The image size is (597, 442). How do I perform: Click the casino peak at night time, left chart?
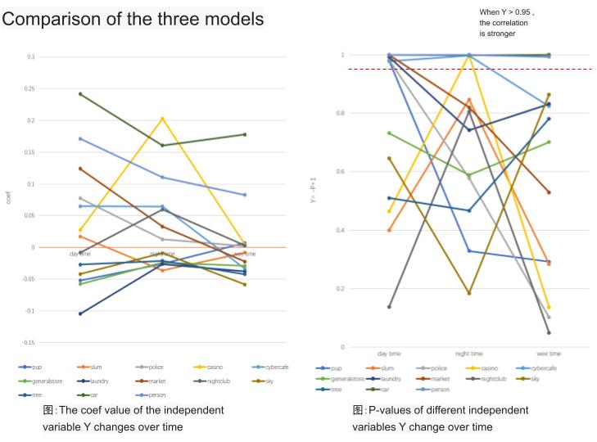(x=162, y=119)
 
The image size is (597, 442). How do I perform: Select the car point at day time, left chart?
(x=79, y=94)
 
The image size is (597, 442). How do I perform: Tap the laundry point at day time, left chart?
(x=79, y=313)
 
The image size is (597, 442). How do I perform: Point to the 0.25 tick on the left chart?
(x=30, y=88)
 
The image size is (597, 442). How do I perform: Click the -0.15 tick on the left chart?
(x=29, y=342)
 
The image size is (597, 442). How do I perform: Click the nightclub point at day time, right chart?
(x=389, y=307)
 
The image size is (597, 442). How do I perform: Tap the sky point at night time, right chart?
(x=468, y=293)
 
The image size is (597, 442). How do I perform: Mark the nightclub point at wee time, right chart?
(x=548, y=332)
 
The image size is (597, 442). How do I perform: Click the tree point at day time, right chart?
(x=389, y=198)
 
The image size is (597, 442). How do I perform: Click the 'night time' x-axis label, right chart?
(x=468, y=354)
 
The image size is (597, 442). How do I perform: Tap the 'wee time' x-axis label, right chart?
(x=548, y=354)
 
